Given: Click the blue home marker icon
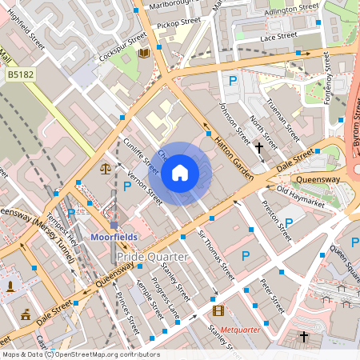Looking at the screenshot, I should (180, 172).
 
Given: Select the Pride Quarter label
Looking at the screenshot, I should (151, 257).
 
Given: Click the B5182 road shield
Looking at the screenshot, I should (21, 74).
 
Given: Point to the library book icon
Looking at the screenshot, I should (144, 53).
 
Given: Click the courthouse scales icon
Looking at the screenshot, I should (106, 169).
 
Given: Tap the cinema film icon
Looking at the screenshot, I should (218, 310).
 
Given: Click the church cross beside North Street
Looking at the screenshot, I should (258, 147).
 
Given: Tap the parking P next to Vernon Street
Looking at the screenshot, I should (127, 186).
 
